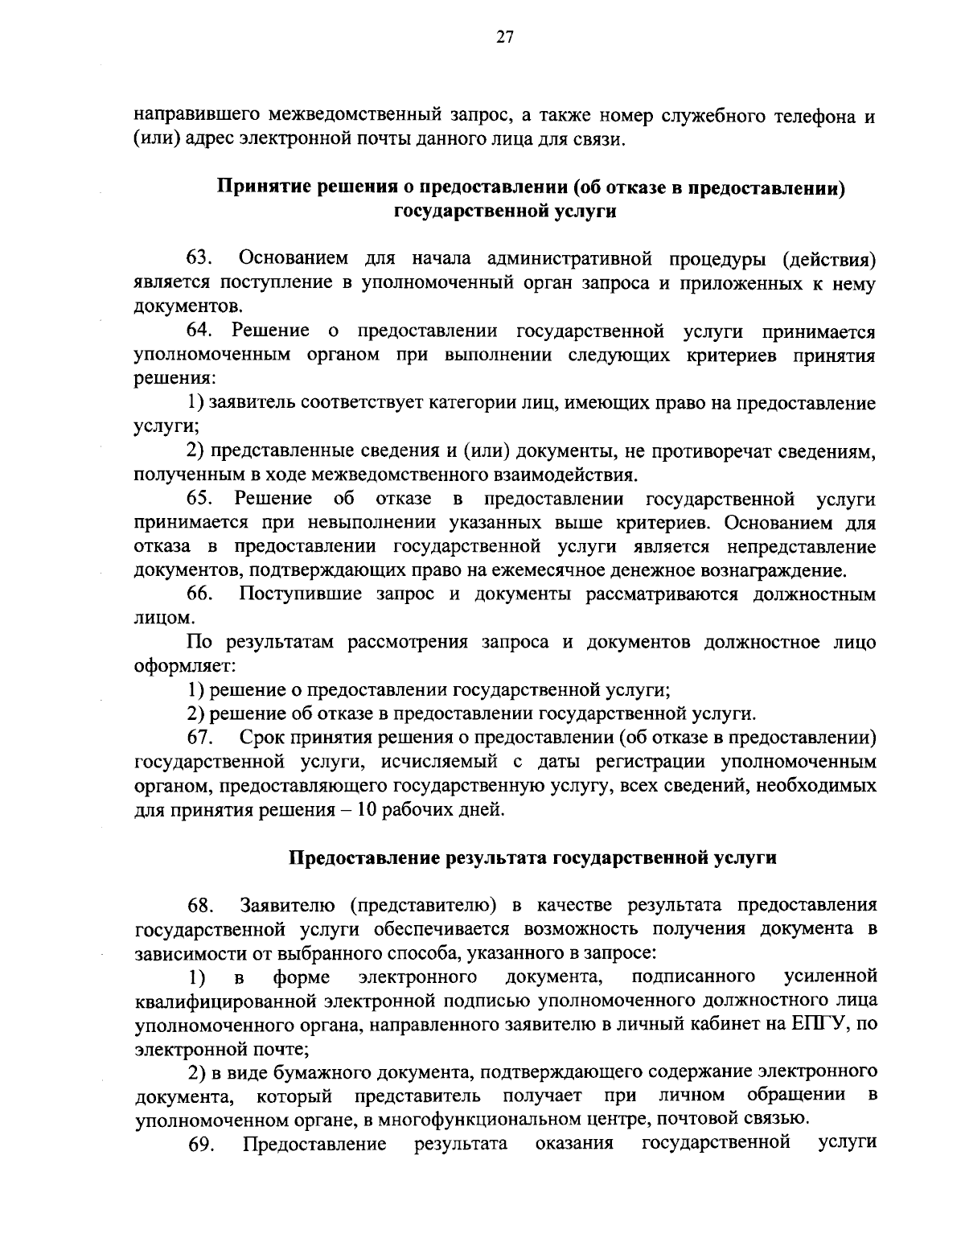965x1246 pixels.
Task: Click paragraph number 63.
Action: [x=199, y=258]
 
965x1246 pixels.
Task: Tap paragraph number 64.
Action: [x=199, y=331]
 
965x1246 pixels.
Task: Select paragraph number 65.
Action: [x=199, y=500]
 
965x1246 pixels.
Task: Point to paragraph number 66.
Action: [x=199, y=595]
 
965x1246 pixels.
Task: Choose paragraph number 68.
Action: [x=199, y=906]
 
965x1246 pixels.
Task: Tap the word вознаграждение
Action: [x=773, y=572]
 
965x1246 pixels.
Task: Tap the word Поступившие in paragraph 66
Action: [x=297, y=595]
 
